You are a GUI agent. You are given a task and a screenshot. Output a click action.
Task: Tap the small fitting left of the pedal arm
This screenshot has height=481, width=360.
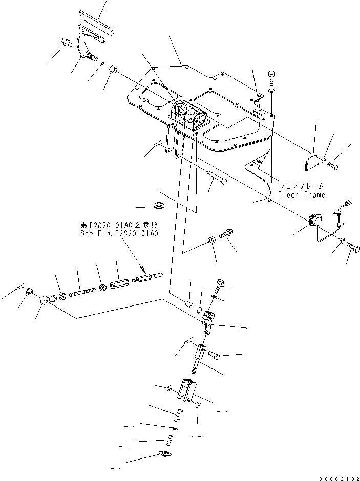point(66,42)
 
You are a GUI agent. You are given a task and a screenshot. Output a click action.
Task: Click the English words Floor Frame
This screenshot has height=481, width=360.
point(301,195)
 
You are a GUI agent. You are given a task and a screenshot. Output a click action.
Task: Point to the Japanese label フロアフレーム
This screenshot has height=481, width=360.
point(301,187)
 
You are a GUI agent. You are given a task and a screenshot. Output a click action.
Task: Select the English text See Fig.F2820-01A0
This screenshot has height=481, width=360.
point(119,233)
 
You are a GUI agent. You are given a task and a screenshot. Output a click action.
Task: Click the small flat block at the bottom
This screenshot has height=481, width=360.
point(165,454)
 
